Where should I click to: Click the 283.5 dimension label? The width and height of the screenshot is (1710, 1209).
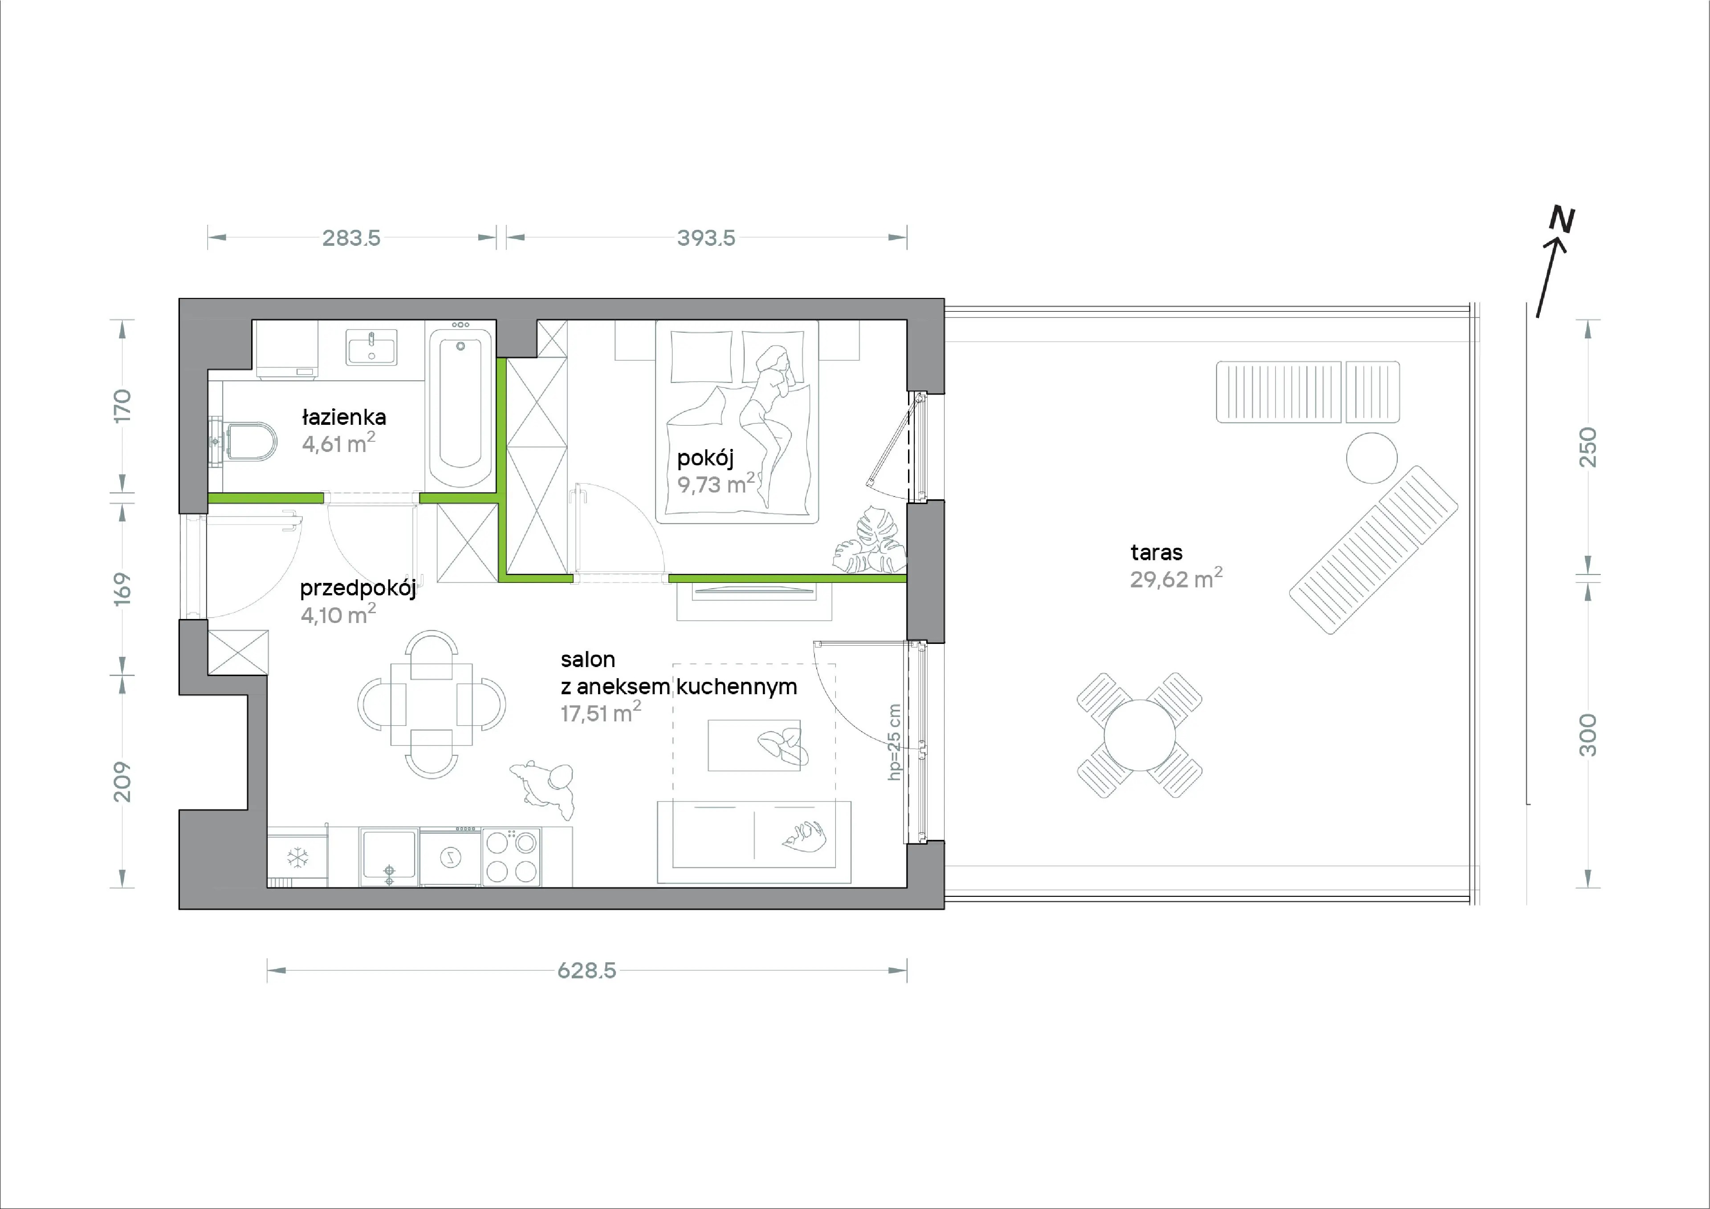coord(351,238)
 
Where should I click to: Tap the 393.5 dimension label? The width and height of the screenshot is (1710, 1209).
coord(706,238)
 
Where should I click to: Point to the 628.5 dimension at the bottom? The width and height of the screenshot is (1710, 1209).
coord(587,971)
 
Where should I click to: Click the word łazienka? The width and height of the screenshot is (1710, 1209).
coord(344,417)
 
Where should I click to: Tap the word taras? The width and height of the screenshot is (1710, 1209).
coord(1156,553)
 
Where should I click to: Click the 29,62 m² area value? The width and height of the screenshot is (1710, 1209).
coord(1176,578)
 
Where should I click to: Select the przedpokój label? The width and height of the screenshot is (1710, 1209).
coord(358,589)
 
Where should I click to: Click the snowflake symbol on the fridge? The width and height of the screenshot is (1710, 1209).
coord(298,858)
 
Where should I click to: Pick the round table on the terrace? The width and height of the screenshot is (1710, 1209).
coord(1140,735)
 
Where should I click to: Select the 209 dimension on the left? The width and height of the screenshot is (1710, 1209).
coord(122,782)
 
